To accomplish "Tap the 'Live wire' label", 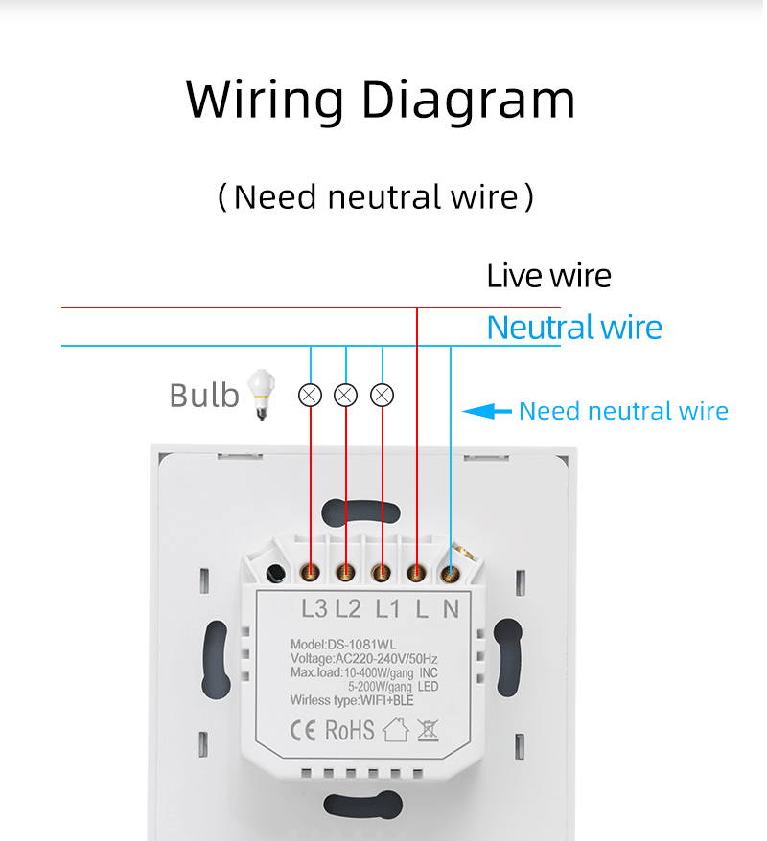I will pos(548,276).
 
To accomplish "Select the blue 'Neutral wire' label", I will pos(574,328).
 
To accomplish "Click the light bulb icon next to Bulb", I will pos(258,395).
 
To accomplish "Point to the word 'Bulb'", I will pos(203,395).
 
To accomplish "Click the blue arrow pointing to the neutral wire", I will pos(487,412).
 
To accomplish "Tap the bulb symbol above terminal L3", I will pos(310,394).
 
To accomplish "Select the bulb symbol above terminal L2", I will pos(345,394).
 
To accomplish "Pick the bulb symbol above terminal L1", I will pos(382,394).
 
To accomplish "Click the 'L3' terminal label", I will pos(314,608).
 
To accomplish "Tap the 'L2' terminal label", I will pos(348,608).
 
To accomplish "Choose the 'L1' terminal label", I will pos(387,608).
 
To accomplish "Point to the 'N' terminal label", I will pos(451,608).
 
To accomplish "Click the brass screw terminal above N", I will pos(449,574).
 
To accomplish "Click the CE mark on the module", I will pos(304,731).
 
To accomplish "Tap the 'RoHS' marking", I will pos(350,731).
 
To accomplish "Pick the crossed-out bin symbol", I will pos(428,731).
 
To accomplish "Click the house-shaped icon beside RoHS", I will pos(394,731).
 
